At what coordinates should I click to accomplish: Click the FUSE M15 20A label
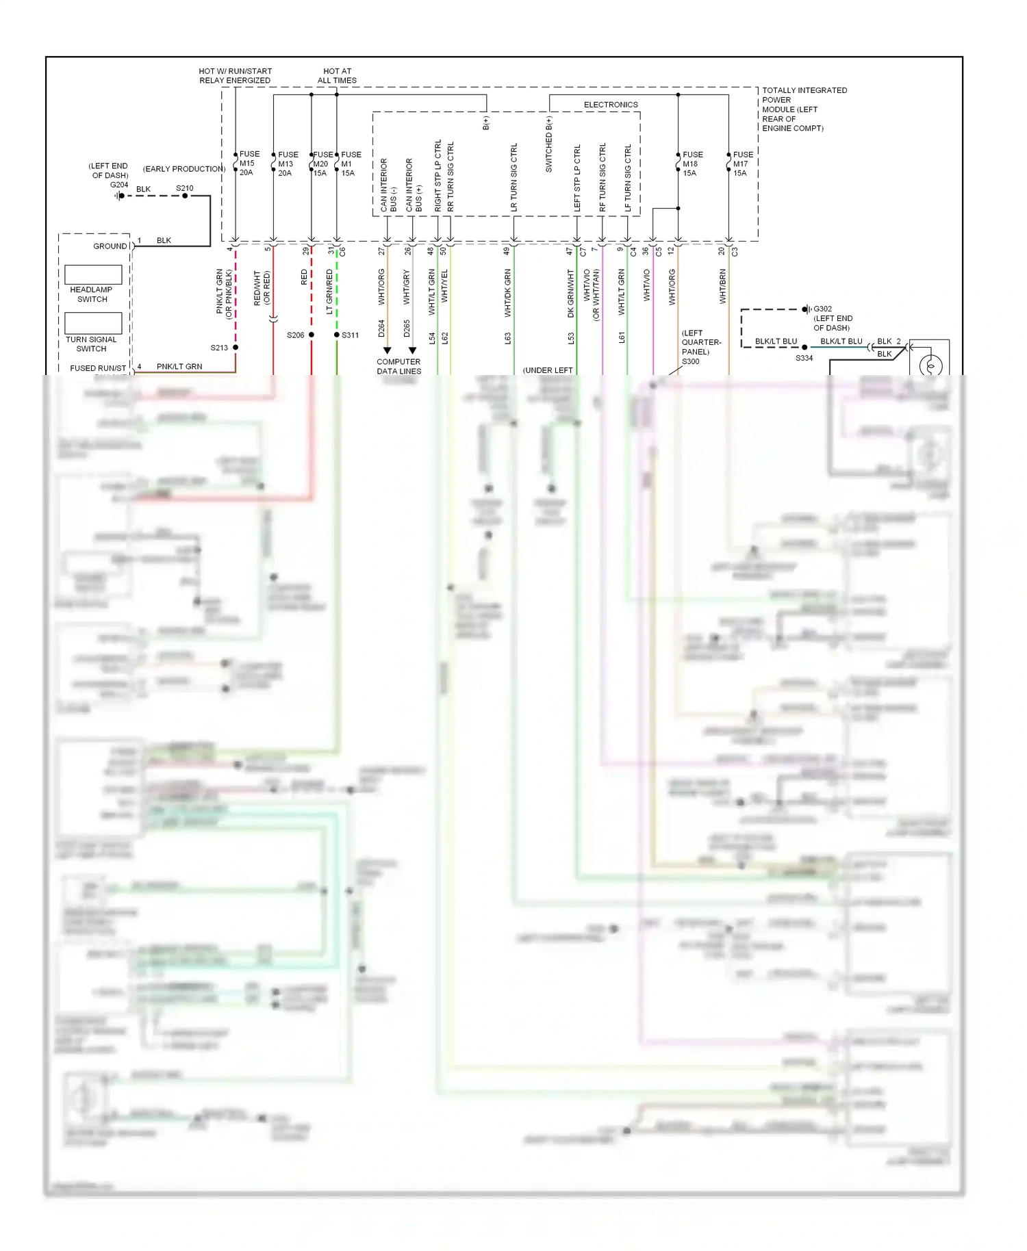(x=249, y=164)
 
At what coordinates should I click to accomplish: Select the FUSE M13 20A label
(x=288, y=164)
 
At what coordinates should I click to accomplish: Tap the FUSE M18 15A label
(x=692, y=164)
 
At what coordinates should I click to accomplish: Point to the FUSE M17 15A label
(x=742, y=164)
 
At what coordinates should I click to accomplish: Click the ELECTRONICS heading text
(x=611, y=105)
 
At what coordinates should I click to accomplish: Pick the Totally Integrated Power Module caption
(x=804, y=109)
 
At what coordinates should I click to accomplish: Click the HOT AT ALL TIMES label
(x=337, y=75)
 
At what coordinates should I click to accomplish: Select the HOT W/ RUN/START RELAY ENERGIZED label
(x=235, y=75)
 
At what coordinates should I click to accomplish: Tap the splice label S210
(x=185, y=188)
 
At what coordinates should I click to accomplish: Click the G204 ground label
(x=119, y=185)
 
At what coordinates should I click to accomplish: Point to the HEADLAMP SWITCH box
(x=93, y=275)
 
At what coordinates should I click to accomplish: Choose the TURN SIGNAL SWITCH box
(x=93, y=323)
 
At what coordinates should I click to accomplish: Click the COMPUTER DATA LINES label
(x=398, y=366)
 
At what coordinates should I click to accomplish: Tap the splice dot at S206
(x=312, y=335)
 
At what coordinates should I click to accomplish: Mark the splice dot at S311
(x=337, y=335)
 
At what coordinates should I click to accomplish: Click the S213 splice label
(x=219, y=348)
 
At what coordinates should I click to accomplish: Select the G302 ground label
(x=822, y=309)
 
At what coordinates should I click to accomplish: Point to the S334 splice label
(x=804, y=358)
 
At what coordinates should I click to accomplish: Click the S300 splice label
(x=690, y=361)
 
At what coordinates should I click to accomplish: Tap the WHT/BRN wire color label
(x=722, y=286)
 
